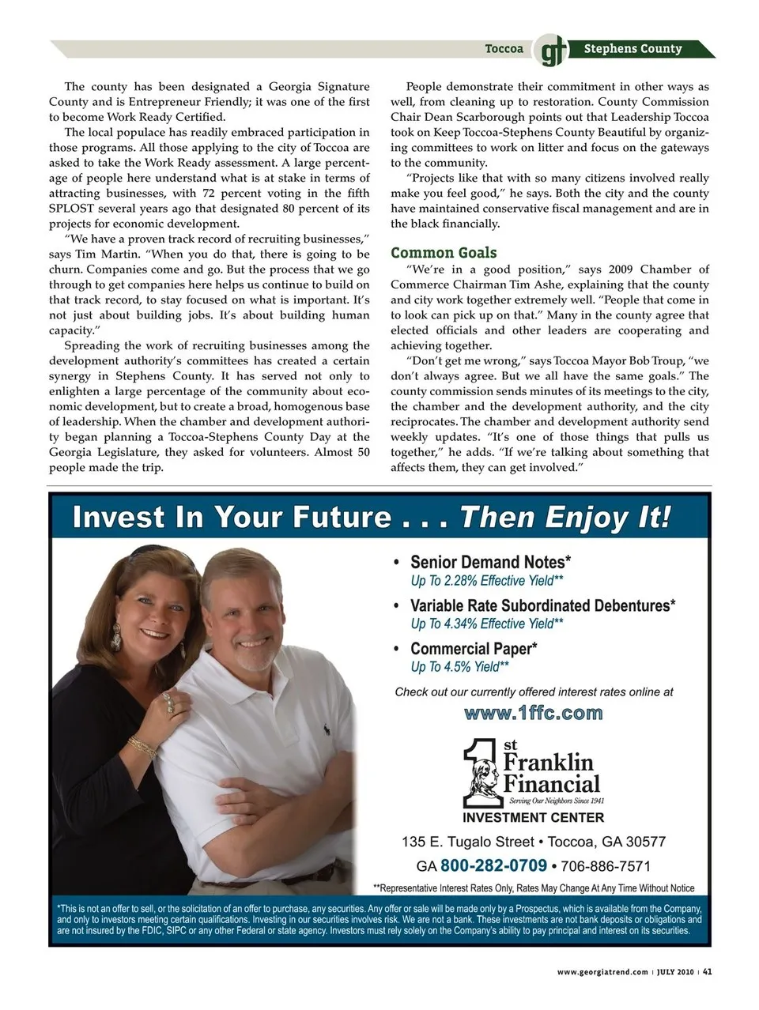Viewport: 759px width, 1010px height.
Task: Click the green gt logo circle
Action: (x=548, y=51)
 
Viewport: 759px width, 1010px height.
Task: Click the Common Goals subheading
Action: (x=444, y=253)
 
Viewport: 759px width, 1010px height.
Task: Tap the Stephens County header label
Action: (x=632, y=49)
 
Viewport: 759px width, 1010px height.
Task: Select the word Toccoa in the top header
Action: (x=504, y=49)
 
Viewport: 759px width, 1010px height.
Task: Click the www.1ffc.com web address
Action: (x=534, y=714)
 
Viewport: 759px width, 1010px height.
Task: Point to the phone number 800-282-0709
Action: (x=493, y=865)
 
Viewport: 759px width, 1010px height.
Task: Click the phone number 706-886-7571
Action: (x=606, y=866)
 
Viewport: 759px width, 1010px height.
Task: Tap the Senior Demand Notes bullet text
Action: (x=490, y=563)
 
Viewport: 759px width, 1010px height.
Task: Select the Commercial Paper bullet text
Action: (x=474, y=649)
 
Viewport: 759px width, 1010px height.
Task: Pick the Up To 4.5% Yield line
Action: (x=459, y=667)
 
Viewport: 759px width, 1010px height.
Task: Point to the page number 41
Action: (x=708, y=972)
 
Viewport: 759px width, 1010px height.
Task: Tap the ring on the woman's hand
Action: (x=168, y=699)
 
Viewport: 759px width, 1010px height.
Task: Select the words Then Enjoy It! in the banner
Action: (x=565, y=518)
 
